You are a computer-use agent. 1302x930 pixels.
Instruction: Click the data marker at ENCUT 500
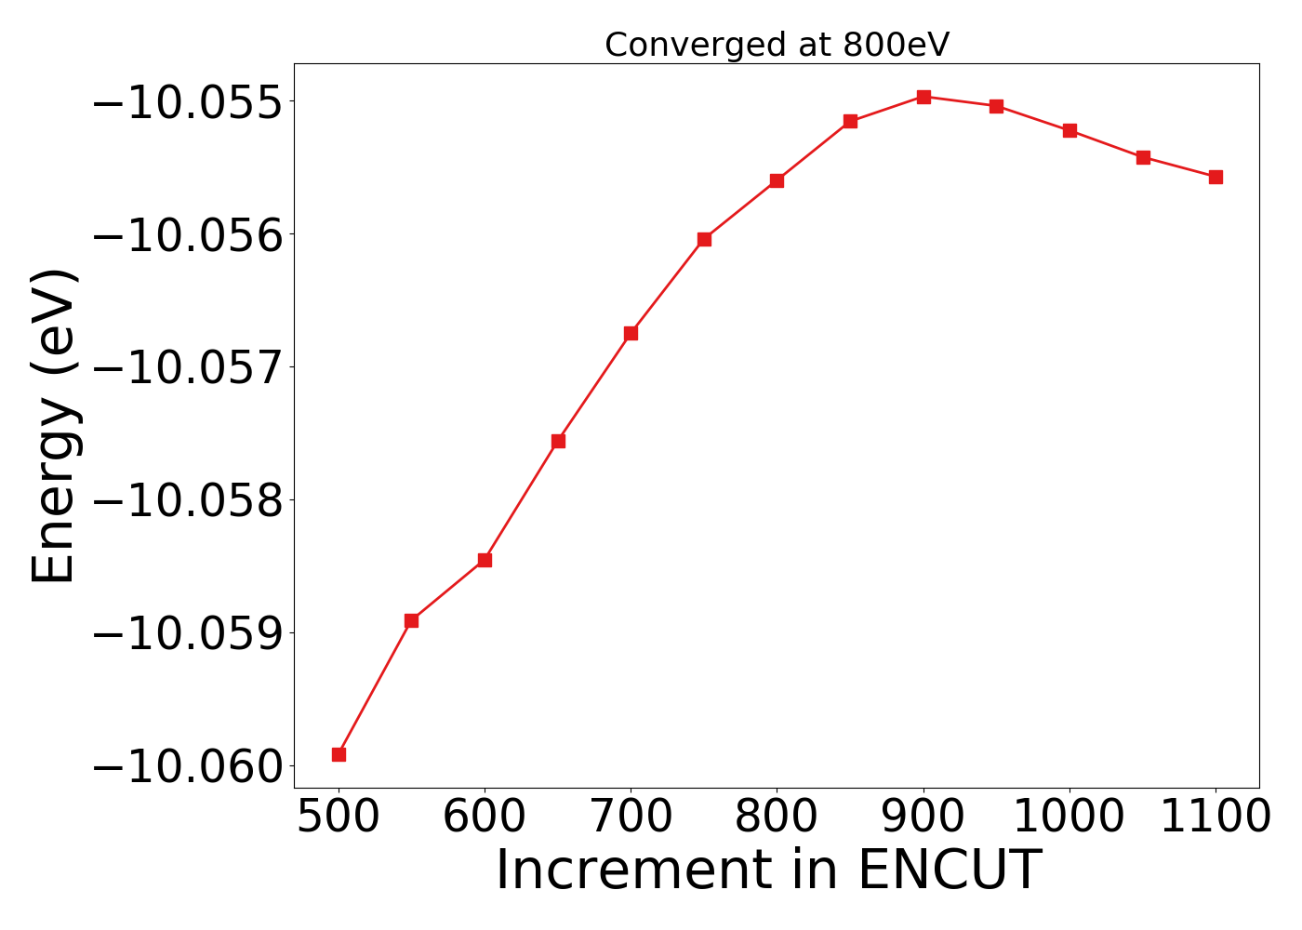coord(339,754)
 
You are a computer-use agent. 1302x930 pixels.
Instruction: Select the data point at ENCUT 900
coord(923,97)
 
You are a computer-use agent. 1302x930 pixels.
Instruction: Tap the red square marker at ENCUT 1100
coord(1216,177)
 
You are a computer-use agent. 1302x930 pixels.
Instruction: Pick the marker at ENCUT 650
coord(558,441)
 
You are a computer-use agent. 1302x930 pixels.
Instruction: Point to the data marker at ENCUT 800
coord(777,180)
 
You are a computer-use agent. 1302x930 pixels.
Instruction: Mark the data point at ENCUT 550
coord(411,620)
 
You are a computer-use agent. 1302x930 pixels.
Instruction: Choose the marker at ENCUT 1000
coord(1069,130)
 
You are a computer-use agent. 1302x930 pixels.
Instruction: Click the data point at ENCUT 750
coord(704,239)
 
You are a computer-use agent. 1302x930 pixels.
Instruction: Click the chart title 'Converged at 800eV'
coord(777,45)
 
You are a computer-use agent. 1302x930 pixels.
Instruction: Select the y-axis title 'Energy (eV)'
coord(54,426)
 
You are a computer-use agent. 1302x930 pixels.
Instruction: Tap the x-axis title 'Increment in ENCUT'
coord(768,870)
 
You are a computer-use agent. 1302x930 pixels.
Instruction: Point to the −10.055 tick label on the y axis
coord(186,101)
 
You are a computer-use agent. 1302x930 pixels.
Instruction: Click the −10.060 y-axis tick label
coord(186,766)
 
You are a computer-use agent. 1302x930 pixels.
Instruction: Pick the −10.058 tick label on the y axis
coord(186,500)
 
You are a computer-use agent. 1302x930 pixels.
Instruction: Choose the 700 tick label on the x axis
coord(631,817)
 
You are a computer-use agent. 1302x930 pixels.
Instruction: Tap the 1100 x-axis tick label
coord(1216,817)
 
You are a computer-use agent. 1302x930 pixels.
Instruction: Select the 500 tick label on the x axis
coord(339,817)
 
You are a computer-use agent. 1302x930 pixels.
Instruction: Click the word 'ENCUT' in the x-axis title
coord(949,870)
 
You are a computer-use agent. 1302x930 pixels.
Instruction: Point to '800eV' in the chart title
coord(896,45)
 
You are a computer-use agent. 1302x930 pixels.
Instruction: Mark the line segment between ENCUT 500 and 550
coord(375,687)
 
